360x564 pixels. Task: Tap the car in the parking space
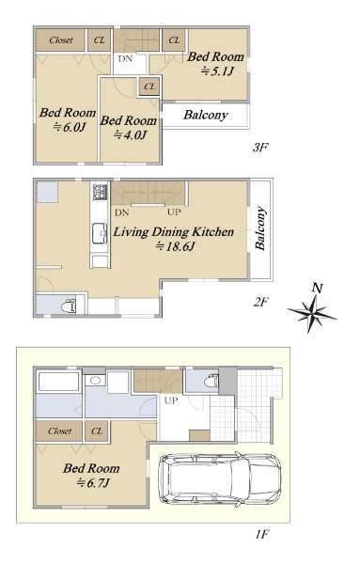[x=220, y=479]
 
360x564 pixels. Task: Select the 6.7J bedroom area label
[x=93, y=483]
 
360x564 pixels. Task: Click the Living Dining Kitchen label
[x=174, y=232]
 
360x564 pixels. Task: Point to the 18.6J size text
[x=175, y=246]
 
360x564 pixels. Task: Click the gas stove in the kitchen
[x=100, y=192]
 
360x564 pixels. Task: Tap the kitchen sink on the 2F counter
[x=100, y=233]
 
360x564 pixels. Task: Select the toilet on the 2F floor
[x=68, y=306]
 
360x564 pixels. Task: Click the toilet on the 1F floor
[x=211, y=381]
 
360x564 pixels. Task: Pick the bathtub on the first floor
[x=58, y=382]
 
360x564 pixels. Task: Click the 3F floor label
[x=260, y=148]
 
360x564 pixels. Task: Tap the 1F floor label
[x=262, y=535]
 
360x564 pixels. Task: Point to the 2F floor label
[x=260, y=302]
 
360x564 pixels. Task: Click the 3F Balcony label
[x=206, y=115]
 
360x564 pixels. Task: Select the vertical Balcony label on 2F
[x=260, y=228]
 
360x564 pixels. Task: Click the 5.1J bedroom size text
[x=217, y=71]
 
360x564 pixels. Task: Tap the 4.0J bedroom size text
[x=131, y=135]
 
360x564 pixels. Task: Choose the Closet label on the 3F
[x=61, y=40]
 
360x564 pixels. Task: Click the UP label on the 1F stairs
[x=171, y=400]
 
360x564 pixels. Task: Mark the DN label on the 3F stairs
[x=125, y=58]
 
